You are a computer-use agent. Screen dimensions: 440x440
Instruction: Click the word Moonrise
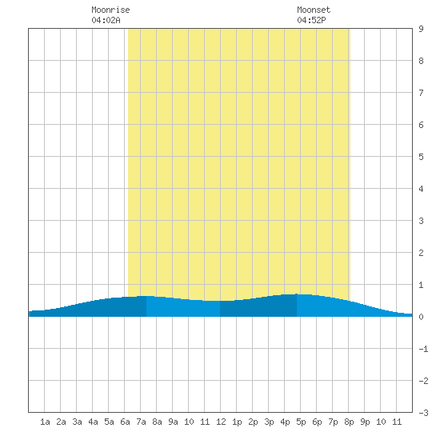110,10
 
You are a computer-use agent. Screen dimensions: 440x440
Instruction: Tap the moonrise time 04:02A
106,20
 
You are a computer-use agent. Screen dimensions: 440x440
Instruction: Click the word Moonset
314,10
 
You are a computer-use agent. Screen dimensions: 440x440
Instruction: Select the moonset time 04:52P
311,20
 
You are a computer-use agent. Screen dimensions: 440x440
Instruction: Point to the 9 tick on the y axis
421,29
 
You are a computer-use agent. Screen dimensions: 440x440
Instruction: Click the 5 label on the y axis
421,157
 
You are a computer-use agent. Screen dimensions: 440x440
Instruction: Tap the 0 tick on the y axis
421,317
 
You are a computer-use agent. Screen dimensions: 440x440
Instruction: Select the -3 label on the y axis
423,413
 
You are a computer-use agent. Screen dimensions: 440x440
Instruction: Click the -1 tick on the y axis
423,349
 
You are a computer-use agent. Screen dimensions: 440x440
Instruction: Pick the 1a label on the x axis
45,422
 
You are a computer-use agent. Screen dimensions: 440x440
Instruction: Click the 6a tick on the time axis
125,422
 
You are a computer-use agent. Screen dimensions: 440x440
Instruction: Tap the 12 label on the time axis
221,422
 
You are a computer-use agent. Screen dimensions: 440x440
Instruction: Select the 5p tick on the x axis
301,422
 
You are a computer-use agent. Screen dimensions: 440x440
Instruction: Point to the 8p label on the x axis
349,422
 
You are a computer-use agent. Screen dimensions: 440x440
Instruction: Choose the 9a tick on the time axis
173,422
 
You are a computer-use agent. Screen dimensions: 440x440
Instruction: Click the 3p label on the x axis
269,422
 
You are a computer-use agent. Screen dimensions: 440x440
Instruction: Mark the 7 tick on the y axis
421,93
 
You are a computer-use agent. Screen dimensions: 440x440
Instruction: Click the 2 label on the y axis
421,253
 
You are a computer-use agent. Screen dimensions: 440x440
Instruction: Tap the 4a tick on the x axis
93,422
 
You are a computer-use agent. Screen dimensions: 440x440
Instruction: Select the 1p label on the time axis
237,422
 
